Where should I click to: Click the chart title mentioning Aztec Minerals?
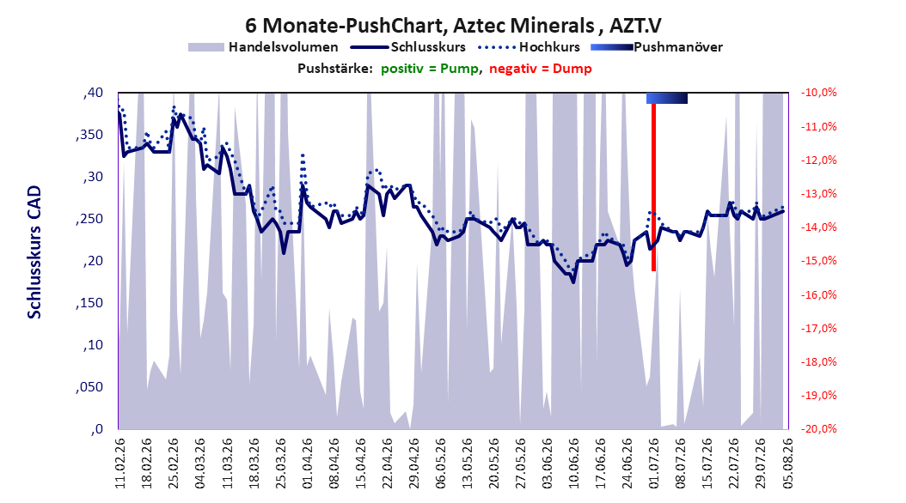click(453, 26)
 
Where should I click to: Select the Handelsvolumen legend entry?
click(263, 47)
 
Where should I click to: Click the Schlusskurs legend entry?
click(408, 47)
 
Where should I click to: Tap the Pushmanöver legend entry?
click(657, 47)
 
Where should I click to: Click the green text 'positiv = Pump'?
click(430, 69)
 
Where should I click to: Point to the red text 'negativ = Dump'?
click(541, 69)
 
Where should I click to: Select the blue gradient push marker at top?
click(667, 98)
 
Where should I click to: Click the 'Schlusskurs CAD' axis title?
click(34, 251)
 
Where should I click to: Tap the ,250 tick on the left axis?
click(89, 219)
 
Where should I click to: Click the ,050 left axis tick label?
click(89, 387)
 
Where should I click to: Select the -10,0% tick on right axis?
click(818, 93)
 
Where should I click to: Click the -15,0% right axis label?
click(818, 261)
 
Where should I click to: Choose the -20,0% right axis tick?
click(818, 428)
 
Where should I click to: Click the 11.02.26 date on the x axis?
click(120, 464)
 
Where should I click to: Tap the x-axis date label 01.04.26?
click(308, 464)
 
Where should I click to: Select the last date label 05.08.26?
click(788, 464)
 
